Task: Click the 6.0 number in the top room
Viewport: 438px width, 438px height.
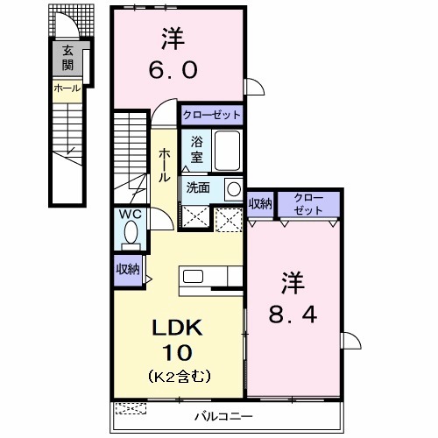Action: pos(171,68)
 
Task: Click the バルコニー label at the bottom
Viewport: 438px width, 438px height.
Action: pos(223,416)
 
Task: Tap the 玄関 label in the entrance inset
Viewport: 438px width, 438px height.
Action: pos(67,58)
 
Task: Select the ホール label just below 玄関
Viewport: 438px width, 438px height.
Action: pos(67,88)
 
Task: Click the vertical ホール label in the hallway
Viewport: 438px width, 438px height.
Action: pos(164,164)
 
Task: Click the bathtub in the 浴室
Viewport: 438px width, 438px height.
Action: pos(227,151)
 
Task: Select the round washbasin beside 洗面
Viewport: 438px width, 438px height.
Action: pos(233,188)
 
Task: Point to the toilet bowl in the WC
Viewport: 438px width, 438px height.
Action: pos(131,234)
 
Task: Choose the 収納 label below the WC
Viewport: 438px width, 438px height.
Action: pos(128,270)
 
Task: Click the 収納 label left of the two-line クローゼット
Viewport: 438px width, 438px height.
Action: pos(260,203)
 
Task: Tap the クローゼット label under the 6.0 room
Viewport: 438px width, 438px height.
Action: pos(211,115)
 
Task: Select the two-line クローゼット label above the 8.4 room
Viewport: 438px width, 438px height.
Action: pos(307,203)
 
